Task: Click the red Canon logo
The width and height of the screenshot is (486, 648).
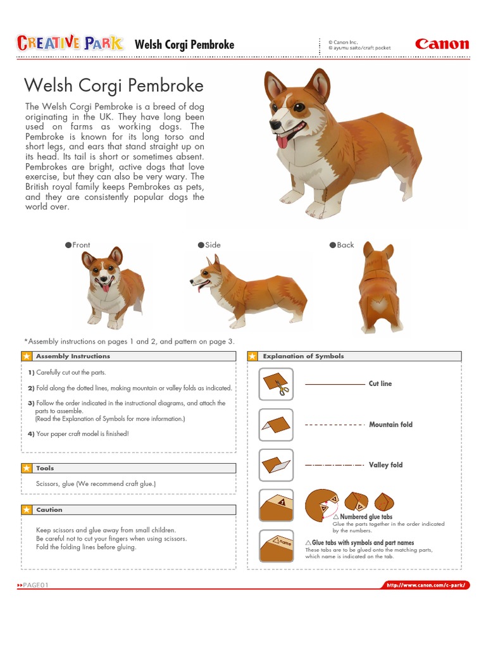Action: pyautogui.click(x=442, y=44)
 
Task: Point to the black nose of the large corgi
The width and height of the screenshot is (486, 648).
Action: pyautogui.click(x=275, y=125)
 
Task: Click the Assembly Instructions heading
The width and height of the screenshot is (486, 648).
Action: pyautogui.click(x=73, y=356)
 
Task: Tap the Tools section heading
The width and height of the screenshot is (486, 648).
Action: pyautogui.click(x=45, y=468)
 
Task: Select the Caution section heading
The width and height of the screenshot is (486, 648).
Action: pyautogui.click(x=49, y=509)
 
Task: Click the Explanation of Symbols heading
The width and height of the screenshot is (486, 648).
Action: pyautogui.click(x=303, y=356)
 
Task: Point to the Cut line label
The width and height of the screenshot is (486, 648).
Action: pyautogui.click(x=380, y=383)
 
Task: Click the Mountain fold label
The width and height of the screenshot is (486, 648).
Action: pyautogui.click(x=390, y=425)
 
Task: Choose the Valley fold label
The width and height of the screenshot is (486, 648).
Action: pyautogui.click(x=385, y=465)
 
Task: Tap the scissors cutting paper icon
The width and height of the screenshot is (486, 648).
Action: pyautogui.click(x=276, y=384)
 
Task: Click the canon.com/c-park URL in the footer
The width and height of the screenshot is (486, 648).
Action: pyautogui.click(x=428, y=585)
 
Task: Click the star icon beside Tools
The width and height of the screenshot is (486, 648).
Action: pyautogui.click(x=27, y=468)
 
